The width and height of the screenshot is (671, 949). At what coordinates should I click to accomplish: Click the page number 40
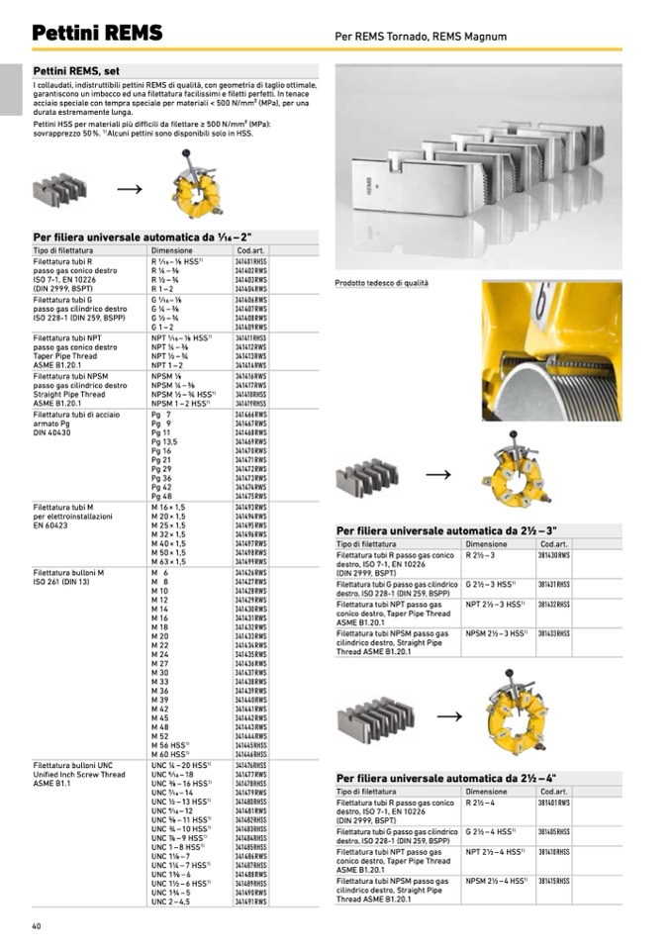point(37,925)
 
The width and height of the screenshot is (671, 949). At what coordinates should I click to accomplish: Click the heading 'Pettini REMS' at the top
point(96,34)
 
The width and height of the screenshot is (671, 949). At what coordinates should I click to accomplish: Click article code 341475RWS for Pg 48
point(252,497)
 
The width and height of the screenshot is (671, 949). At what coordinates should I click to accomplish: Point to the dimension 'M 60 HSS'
point(174,754)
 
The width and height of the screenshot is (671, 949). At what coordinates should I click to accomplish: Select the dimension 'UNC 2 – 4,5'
point(171,902)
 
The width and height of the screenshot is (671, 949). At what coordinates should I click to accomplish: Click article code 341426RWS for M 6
point(252,573)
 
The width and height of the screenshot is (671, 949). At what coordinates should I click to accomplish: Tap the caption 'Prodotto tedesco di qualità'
point(382,283)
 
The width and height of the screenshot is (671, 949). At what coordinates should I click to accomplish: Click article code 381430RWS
point(554,556)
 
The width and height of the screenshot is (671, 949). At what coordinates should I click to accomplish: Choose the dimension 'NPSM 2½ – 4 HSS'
point(497,881)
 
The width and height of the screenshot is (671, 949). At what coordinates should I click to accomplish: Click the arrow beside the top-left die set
point(129,187)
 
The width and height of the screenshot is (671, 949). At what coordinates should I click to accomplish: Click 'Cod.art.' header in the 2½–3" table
point(553,544)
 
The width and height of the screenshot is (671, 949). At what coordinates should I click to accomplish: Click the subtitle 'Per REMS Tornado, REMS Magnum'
point(421,37)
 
